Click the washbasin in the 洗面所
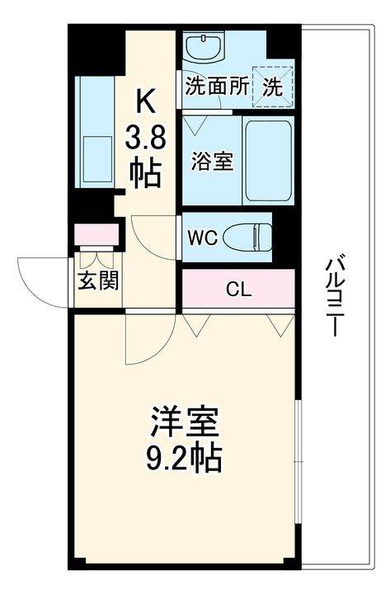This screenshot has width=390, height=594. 204,46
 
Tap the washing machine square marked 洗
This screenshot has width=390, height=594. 273,87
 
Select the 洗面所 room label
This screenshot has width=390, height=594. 217,86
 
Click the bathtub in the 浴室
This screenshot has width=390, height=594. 268,161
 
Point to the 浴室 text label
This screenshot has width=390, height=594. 212,161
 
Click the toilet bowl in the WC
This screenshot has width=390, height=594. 247,238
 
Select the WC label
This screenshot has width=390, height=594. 203,238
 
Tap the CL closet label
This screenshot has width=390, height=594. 238,290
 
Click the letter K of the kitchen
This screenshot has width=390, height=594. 145,100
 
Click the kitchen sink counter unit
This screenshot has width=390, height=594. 95,132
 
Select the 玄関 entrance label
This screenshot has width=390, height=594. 98,280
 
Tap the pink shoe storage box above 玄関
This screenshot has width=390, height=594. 96,234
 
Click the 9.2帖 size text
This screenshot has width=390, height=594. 184,458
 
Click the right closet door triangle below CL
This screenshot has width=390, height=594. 280,325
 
